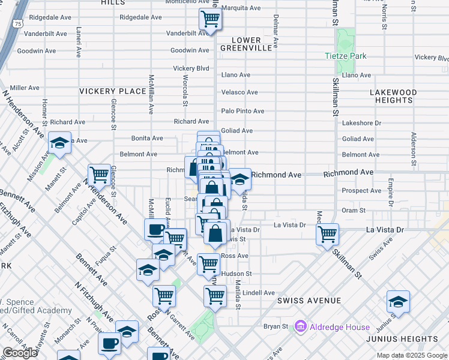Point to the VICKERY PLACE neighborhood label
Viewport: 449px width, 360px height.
click(112, 91)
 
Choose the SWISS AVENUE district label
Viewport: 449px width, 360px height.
click(309, 300)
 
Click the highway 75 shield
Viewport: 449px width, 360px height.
click(19, 23)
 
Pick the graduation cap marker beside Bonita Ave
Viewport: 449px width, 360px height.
click(59, 143)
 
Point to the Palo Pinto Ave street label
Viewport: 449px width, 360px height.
click(243, 111)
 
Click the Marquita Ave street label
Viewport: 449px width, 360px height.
click(241, 8)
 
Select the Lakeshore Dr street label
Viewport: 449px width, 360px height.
click(361, 123)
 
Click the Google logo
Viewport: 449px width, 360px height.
click(20, 353)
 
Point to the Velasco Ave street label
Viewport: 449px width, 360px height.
click(240, 92)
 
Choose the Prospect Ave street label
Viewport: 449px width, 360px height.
click(361, 191)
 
